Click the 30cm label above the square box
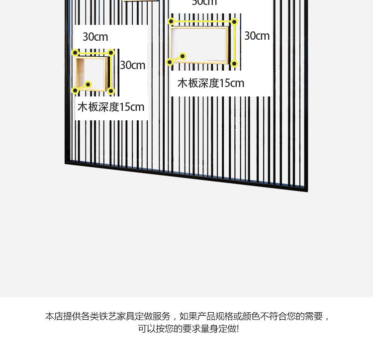(95, 37)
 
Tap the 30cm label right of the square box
(133, 65)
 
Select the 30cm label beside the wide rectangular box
(257, 36)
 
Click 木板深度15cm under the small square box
(111, 107)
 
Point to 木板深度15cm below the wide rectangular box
(211, 83)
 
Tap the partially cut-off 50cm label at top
(204, 2)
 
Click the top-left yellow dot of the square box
(75, 53)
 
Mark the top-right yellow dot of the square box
(111, 52)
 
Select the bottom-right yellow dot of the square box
(111, 91)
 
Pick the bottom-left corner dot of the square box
(75, 90)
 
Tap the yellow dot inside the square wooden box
(88, 85)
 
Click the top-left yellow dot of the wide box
(171, 21)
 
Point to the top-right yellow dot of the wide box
(234, 22)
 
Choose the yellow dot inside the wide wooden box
(183, 56)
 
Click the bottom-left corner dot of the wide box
(170, 62)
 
